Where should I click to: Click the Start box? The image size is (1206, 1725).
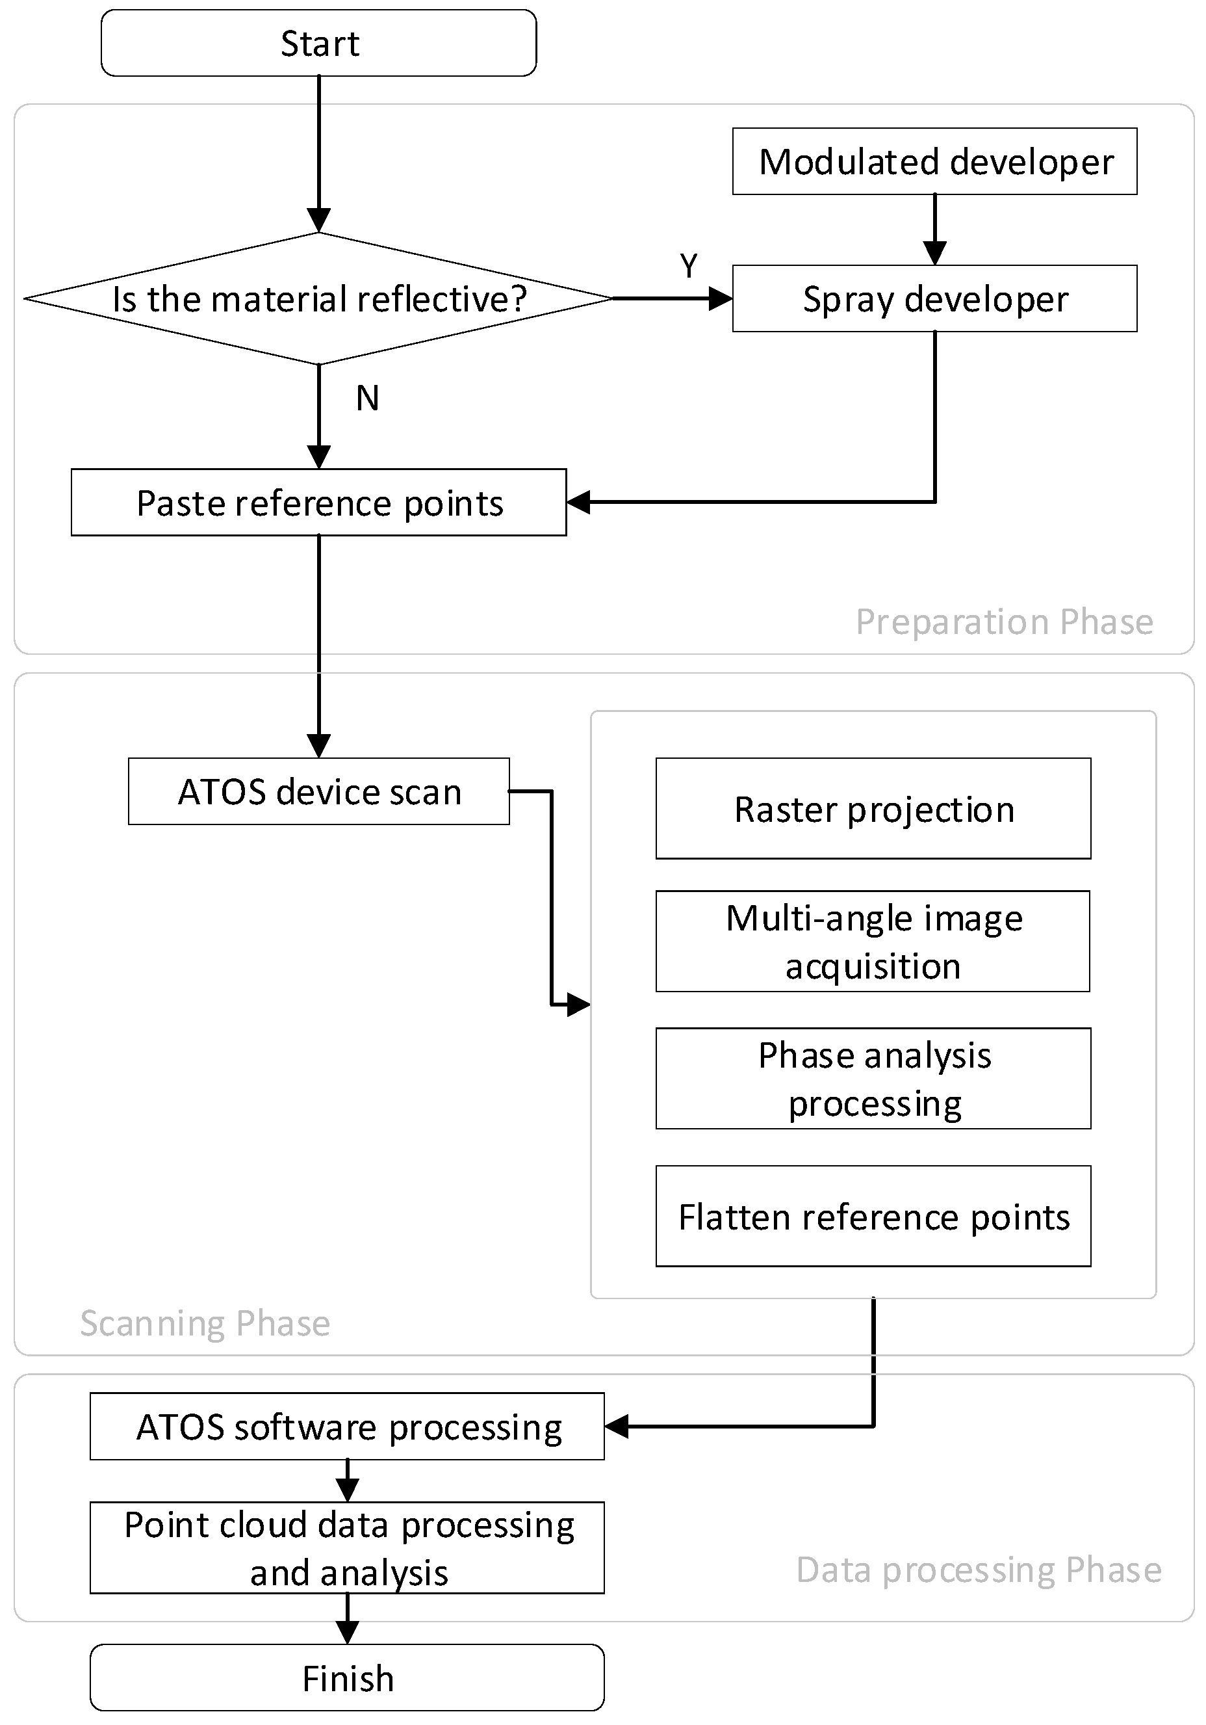click(x=318, y=43)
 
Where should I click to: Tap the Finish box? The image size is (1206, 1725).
click(x=347, y=1678)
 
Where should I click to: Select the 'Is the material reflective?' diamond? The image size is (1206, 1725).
click(x=318, y=298)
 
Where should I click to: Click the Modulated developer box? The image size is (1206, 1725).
click(x=934, y=161)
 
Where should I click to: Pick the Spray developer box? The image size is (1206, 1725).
click(x=934, y=298)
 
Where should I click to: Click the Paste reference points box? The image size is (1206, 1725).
click(x=318, y=502)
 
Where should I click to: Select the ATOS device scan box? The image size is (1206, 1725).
click(x=318, y=791)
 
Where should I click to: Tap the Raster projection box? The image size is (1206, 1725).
click(x=873, y=808)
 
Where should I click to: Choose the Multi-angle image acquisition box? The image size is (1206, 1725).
click(x=873, y=941)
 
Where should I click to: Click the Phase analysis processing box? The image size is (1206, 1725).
click(x=873, y=1078)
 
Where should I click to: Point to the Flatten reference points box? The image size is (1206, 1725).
click(x=873, y=1216)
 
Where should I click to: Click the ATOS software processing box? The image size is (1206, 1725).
click(x=347, y=1426)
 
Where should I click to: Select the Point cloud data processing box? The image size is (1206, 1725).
click(x=347, y=1547)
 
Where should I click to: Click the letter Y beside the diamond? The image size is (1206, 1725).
click(x=689, y=266)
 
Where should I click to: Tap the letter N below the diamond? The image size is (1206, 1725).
click(x=367, y=398)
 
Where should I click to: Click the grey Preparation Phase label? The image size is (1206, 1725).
click(x=1004, y=622)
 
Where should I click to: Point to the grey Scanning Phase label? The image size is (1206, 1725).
click(x=205, y=1323)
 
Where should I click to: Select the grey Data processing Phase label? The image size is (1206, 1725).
click(x=979, y=1570)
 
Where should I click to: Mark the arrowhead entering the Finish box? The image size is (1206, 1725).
click(x=347, y=1633)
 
